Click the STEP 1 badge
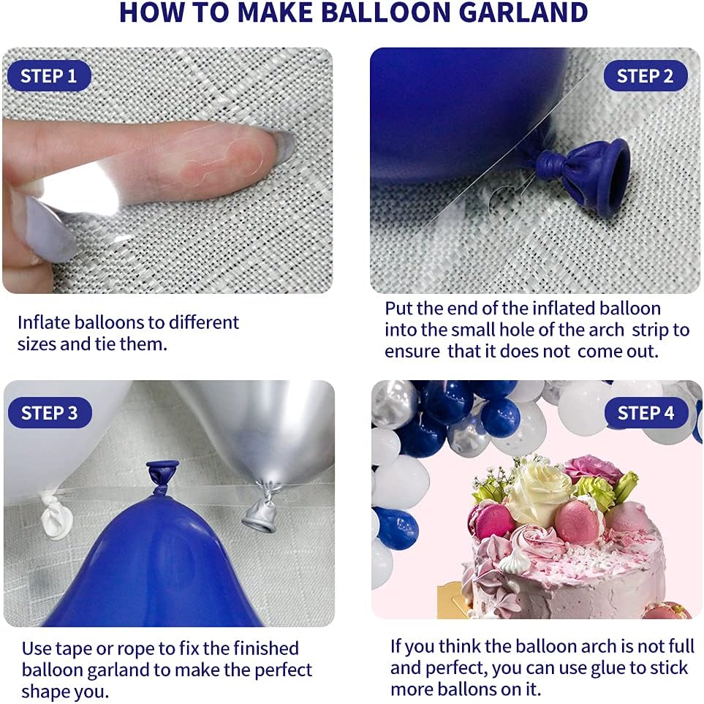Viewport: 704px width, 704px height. point(48,76)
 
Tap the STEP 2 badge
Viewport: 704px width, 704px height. point(645,76)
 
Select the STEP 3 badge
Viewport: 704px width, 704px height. point(49,413)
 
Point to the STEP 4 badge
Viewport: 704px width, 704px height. point(646,413)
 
